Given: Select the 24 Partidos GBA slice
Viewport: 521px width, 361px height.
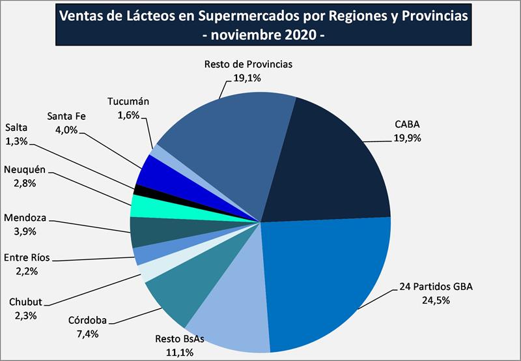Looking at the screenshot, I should pyautogui.click(x=326, y=280).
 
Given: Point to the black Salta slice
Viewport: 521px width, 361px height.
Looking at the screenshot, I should pyautogui.click(x=138, y=190).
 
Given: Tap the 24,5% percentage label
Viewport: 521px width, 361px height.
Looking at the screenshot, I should pyautogui.click(x=436, y=301).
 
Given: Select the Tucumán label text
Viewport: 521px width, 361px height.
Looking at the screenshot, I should pyautogui.click(x=128, y=102).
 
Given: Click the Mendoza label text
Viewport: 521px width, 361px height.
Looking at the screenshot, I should pyautogui.click(x=25, y=217).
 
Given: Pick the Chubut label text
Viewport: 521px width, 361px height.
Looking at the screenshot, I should pyautogui.click(x=25, y=302).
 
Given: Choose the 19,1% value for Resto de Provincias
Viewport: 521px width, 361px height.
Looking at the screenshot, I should pyautogui.click(x=247, y=78).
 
